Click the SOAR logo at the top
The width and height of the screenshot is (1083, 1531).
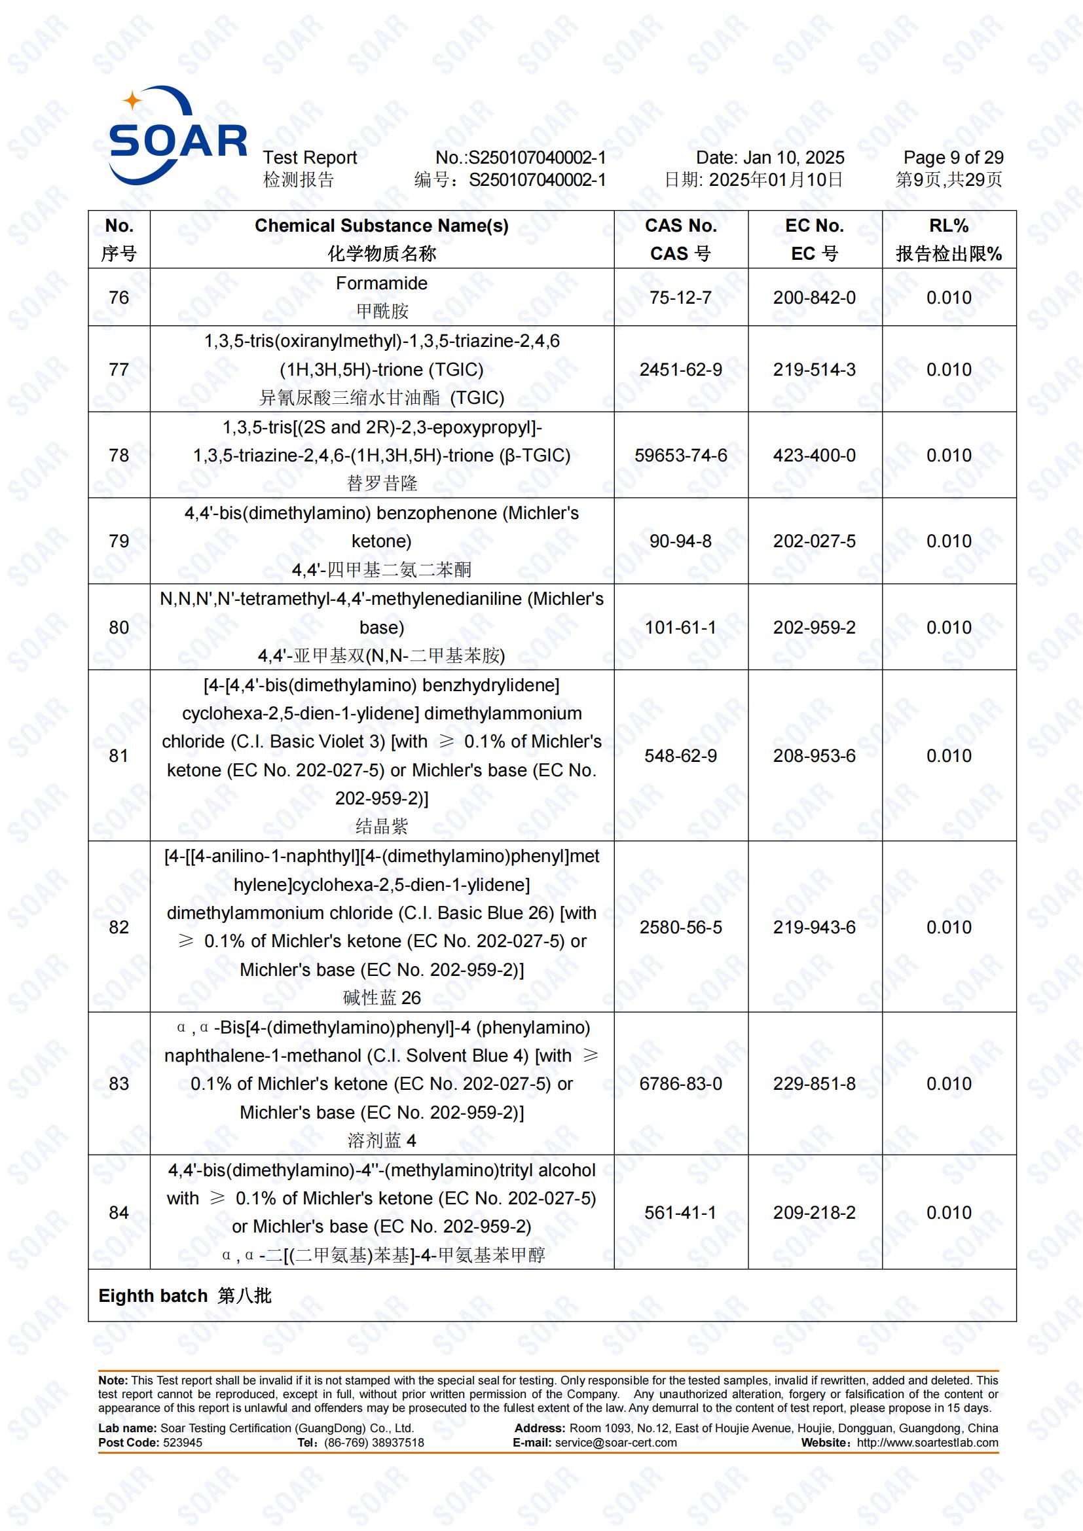(176, 137)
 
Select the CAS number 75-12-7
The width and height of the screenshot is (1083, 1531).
(680, 297)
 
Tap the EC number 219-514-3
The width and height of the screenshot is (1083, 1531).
(815, 369)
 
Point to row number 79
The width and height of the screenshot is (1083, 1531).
(119, 541)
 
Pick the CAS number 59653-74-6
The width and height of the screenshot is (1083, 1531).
(680, 456)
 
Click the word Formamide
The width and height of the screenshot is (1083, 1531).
(382, 283)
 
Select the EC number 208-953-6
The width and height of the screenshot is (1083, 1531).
(815, 755)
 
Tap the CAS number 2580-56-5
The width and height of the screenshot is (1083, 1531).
(680, 927)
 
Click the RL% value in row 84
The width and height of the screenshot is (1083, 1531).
(948, 1212)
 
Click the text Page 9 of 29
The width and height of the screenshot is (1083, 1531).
(953, 157)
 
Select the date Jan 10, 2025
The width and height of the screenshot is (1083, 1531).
(793, 157)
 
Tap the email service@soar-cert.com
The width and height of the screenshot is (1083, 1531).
(615, 1443)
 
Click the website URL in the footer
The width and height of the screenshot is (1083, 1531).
(927, 1443)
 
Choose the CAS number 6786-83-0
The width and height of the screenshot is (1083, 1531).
(680, 1083)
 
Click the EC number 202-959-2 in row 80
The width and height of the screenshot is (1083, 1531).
(815, 628)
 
